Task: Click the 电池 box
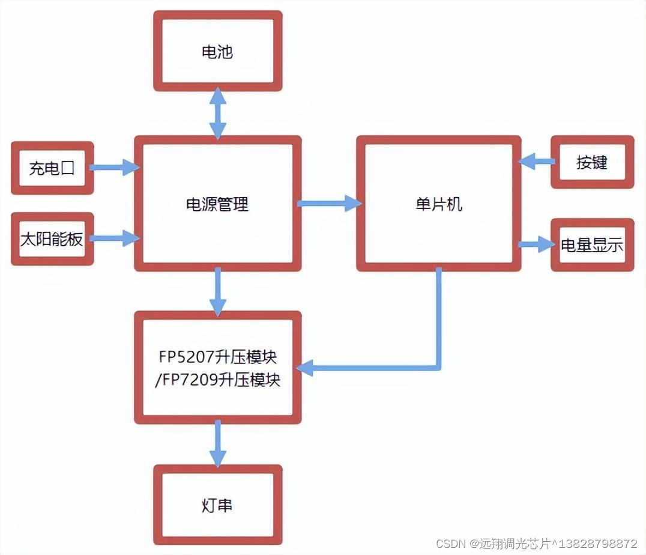coord(217,52)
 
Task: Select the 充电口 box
coord(52,168)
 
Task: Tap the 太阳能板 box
coord(52,239)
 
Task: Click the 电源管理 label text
coord(217,204)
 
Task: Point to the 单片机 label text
coord(439,204)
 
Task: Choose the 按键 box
coord(592,162)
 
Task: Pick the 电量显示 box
coord(592,245)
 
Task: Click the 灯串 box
coord(217,505)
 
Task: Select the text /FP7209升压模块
coord(217,380)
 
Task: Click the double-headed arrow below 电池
coord(217,113)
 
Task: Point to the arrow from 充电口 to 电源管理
coord(115,168)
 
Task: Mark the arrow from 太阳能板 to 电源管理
coord(115,238)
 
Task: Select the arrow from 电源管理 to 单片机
coord(328,204)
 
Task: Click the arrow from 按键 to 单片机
coord(536,161)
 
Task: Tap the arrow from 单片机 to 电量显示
coord(536,244)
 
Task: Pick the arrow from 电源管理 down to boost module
coord(217,291)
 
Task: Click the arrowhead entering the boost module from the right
coord(306,367)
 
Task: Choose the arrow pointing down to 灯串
coord(217,443)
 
